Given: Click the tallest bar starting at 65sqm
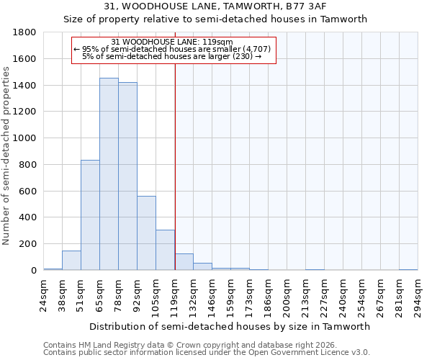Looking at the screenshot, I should (x=109, y=174).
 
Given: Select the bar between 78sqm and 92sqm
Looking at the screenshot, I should (x=127, y=176).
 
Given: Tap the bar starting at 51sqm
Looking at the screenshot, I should (x=90, y=215).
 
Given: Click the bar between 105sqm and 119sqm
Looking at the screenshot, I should (x=165, y=250).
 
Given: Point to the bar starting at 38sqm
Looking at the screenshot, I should (x=71, y=261).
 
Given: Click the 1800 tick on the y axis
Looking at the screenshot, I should (x=24, y=32).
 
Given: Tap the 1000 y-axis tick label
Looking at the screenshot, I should (x=24, y=138).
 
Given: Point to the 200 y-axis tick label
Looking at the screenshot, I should (x=27, y=244).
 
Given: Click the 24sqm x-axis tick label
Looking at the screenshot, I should (x=44, y=295).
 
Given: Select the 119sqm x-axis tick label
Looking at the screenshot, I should (x=175, y=295).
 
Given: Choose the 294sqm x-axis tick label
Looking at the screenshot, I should (x=418, y=295).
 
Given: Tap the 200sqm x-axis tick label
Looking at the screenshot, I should (x=287, y=295).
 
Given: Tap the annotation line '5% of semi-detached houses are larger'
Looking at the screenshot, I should (x=172, y=56).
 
